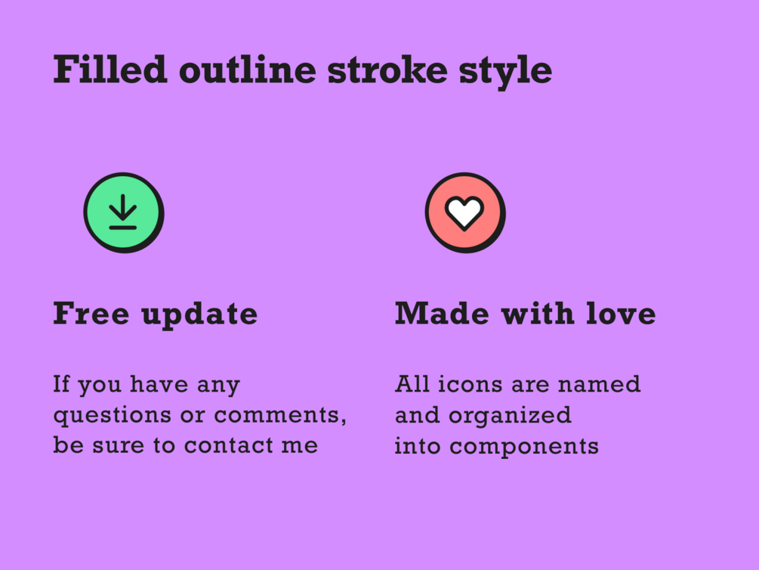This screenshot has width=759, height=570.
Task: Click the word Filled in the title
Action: click(110, 70)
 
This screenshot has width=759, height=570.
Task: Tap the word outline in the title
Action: click(248, 70)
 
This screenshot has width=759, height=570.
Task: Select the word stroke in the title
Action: click(387, 70)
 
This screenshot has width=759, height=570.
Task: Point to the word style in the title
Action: click(506, 73)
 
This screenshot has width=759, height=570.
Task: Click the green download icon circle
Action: click(124, 212)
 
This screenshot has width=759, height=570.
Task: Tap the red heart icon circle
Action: click(465, 212)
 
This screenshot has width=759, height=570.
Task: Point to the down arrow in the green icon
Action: click(123, 207)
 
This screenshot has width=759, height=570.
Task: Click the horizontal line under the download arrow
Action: click(123, 228)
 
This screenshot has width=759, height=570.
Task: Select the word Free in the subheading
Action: click(91, 313)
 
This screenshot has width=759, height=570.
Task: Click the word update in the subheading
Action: click(199, 316)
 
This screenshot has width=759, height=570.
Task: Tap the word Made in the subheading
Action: click(442, 313)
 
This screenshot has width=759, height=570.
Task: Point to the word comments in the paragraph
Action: click(280, 416)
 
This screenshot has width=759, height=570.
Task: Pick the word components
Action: click(524, 448)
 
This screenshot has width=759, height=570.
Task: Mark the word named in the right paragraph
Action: click(599, 384)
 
